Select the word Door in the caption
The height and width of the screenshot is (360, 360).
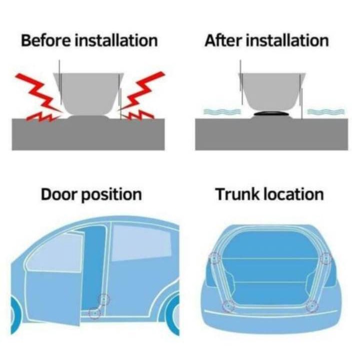point(59,194)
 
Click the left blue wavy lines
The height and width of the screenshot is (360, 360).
point(222,111)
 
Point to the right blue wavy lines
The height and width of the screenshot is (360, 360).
point(326,111)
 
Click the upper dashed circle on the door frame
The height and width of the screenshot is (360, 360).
point(103,299)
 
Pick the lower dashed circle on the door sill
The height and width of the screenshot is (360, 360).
point(94,312)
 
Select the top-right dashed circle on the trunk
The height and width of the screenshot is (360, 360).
point(326,258)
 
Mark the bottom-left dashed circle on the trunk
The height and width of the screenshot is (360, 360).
point(228,306)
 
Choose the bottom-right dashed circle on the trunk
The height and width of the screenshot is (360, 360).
point(312,306)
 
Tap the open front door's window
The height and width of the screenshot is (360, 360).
point(55,252)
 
